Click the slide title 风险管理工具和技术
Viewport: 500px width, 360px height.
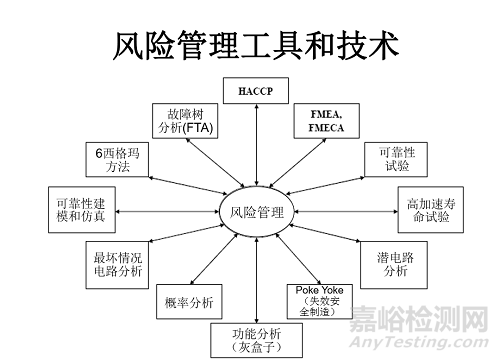[251, 44]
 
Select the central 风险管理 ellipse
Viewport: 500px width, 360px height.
[257, 212]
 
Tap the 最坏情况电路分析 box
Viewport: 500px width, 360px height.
[118, 260]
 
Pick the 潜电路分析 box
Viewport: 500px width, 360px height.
[403, 262]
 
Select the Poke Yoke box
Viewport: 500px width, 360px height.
[316, 300]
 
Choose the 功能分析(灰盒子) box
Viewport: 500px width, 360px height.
[256, 340]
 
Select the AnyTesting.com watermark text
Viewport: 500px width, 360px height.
[430, 344]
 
